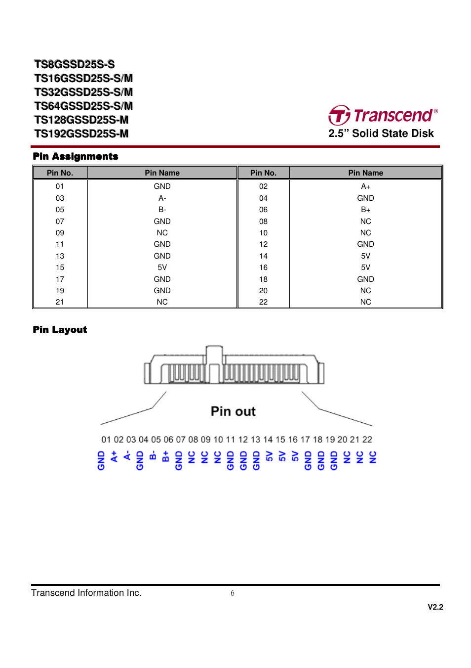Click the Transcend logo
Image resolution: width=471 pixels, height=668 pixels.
(383, 115)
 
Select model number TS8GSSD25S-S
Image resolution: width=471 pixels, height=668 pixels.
(74, 64)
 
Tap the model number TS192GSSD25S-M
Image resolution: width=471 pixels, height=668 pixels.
(81, 134)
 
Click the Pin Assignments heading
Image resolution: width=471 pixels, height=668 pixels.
(76, 156)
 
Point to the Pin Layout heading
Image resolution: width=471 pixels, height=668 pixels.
(60, 329)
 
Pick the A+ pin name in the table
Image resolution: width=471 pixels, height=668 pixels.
(365, 186)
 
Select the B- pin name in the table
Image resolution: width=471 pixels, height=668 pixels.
(162, 210)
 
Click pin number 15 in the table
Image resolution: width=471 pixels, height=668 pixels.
(60, 267)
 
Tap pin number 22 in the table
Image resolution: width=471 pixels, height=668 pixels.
(263, 302)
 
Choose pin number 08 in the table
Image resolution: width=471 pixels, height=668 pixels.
(263, 222)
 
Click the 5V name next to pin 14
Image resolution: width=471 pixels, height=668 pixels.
(365, 256)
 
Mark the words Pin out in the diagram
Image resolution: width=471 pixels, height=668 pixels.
(233, 411)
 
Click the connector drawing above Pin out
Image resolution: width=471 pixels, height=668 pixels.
(234, 366)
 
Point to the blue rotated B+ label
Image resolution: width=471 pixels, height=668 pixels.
(165, 456)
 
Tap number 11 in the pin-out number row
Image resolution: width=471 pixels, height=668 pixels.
(231, 440)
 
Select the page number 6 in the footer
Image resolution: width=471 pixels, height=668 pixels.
(233, 593)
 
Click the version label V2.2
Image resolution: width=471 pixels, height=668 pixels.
(435, 607)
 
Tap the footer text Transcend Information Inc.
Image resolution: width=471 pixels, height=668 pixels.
(86, 593)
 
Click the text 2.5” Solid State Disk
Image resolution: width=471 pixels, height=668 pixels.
(381, 134)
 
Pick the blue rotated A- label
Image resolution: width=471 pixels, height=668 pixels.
(127, 455)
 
